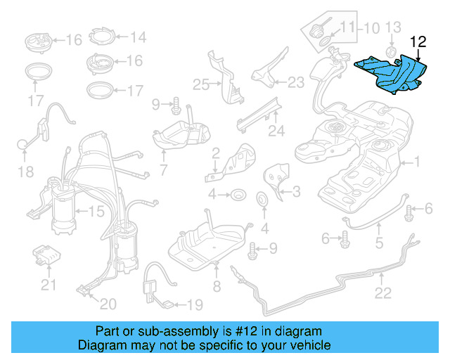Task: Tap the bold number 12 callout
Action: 418,42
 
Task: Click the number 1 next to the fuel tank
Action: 416,162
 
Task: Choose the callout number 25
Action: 201,85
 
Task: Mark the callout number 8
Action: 217,286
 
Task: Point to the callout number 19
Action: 194,305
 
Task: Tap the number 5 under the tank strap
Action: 379,244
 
